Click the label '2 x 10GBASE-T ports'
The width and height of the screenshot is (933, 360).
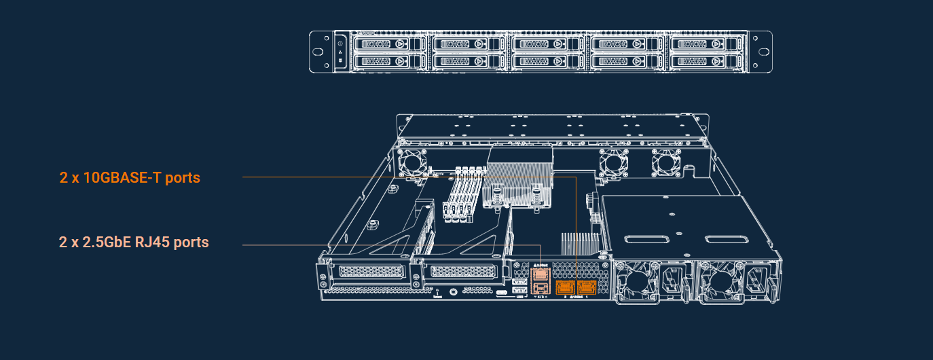pos(130,178)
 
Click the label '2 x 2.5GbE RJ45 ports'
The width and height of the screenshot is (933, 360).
pos(134,242)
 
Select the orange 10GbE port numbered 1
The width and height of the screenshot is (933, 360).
pos(586,287)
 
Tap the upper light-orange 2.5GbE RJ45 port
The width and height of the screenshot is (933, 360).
pos(540,274)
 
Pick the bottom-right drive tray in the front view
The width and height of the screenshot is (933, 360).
pos(708,61)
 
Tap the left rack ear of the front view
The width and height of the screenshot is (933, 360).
pos(319,52)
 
